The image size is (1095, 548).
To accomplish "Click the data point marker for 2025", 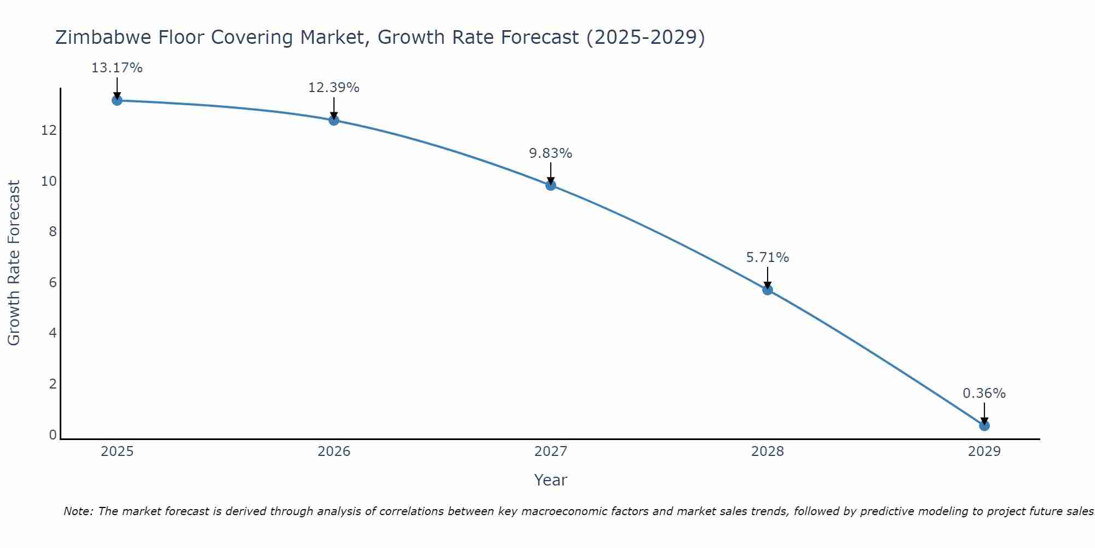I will [117, 100].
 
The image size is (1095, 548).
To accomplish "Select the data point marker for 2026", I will [334, 120].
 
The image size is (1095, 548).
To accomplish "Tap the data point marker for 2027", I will [551, 185].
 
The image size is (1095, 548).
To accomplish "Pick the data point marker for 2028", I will [768, 290].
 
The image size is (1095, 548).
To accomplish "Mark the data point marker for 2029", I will [984, 426].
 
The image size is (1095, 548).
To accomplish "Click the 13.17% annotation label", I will [117, 68].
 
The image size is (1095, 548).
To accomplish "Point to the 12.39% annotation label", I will [334, 88].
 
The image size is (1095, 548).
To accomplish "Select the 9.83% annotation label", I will [551, 153].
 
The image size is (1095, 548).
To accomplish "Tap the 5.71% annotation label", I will [768, 258].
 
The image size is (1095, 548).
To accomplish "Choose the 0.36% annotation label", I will [984, 393].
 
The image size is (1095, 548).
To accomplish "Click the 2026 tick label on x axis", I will [334, 452].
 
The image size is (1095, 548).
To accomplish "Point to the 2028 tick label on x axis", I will [768, 452].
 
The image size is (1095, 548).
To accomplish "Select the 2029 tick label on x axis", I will [984, 452].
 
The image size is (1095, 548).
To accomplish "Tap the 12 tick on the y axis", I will [48, 130].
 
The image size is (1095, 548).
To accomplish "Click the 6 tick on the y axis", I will [53, 283].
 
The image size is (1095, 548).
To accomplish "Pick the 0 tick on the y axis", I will [53, 435].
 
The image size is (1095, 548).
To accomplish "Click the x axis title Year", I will [551, 480].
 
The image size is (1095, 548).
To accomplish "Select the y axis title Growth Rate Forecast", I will [14, 263].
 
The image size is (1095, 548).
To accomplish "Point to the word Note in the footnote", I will [78, 511].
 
